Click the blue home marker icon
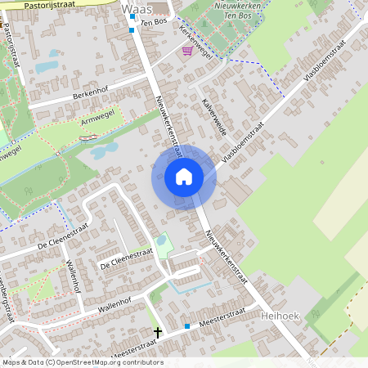point(184,177)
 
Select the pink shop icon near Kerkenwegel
point(188,51)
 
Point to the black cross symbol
point(158,332)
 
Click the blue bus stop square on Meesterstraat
point(187,326)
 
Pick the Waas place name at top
point(136,8)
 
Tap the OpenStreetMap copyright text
point(83,362)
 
